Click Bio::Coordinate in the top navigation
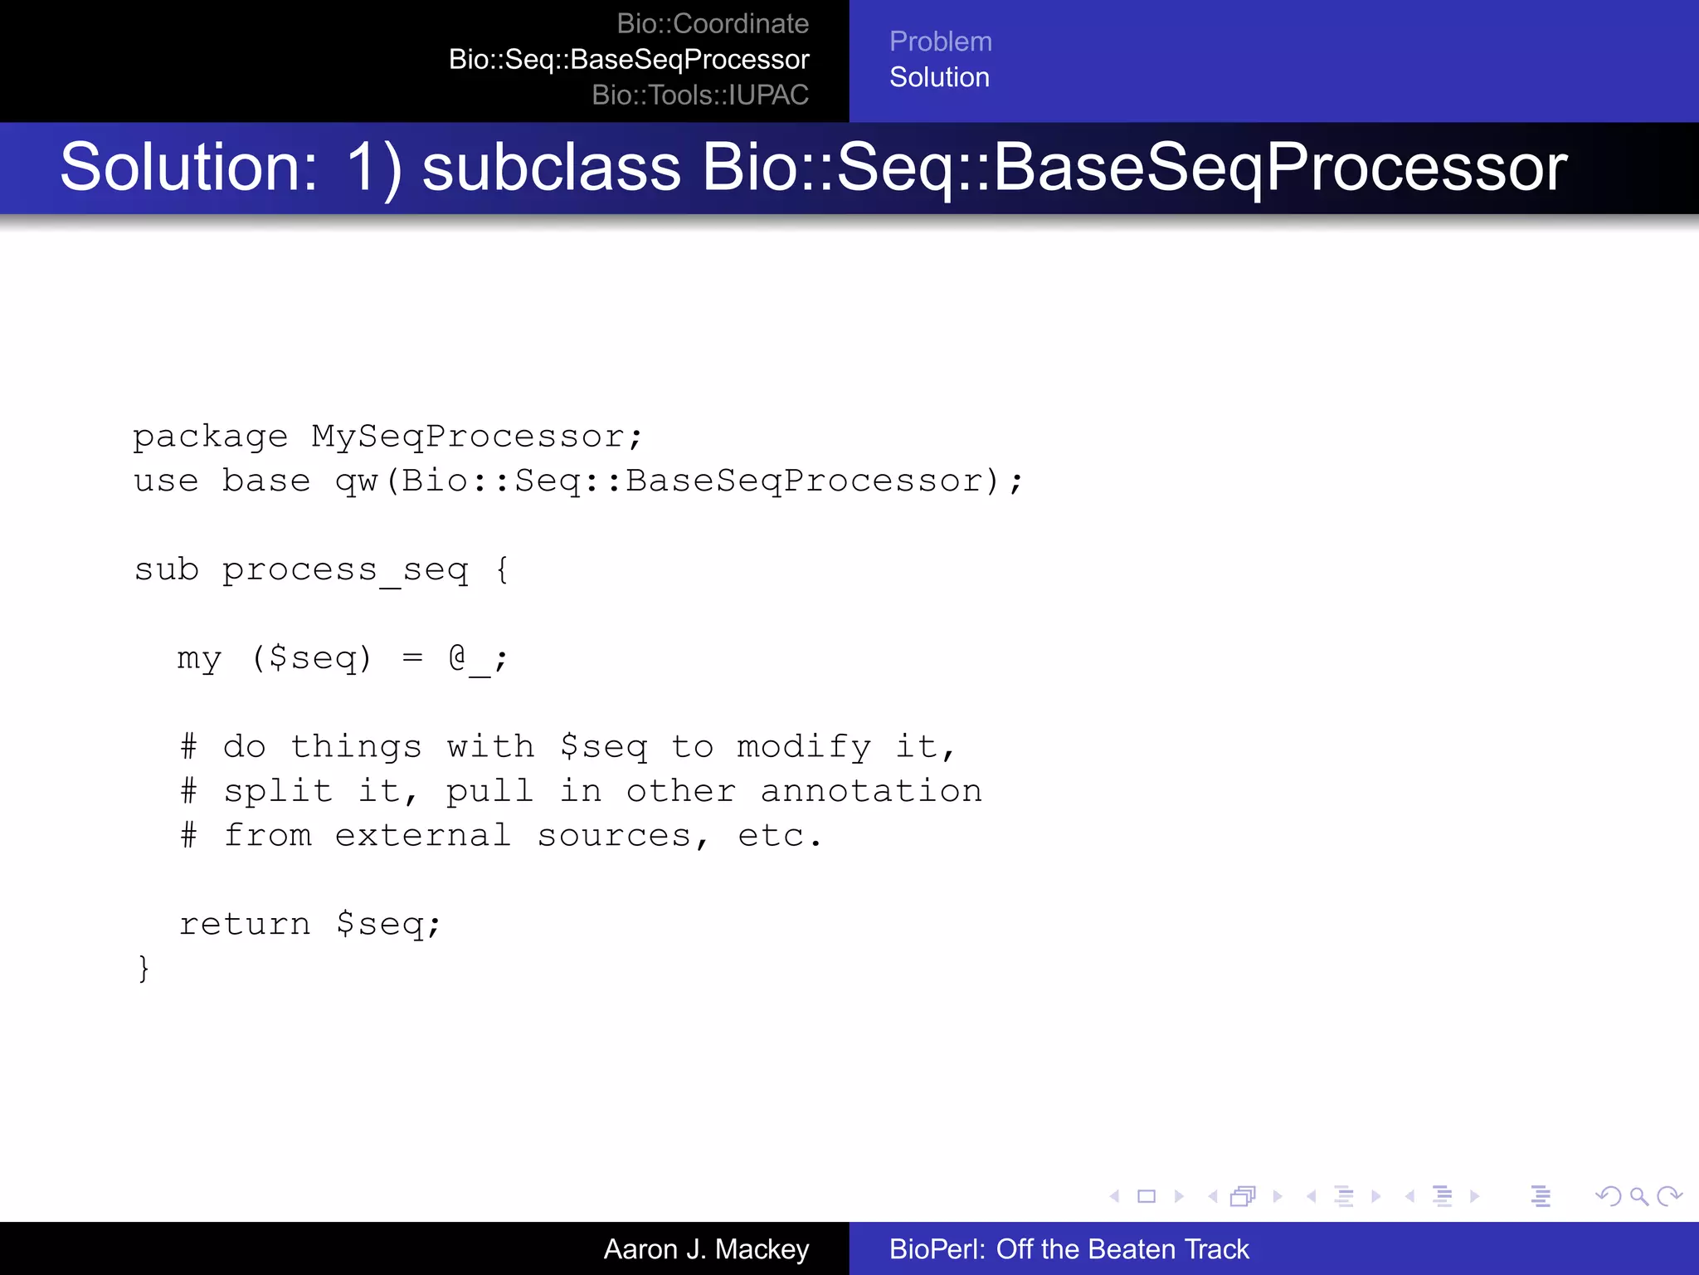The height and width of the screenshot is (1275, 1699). coord(713,24)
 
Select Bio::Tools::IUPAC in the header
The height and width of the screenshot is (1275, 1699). coord(700,95)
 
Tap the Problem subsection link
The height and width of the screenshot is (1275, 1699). coord(940,42)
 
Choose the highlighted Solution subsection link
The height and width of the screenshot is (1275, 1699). coord(939,77)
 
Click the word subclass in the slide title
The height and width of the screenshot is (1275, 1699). coord(552,168)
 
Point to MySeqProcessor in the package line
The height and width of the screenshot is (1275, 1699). coord(469,437)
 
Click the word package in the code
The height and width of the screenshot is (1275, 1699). coord(211,437)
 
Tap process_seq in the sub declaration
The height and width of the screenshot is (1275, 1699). coord(345,570)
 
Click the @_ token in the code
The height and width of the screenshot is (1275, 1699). coord(469,659)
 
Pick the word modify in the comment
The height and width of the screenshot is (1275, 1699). coord(804,747)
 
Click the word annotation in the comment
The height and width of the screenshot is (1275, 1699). coord(871,791)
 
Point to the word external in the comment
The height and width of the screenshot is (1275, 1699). coord(422,836)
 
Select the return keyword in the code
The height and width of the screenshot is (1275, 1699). coord(245,924)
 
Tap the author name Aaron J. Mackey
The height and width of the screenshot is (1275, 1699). coord(706,1249)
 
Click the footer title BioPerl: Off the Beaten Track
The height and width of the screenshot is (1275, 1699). coord(1069,1249)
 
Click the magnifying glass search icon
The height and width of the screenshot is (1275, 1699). coord(1638,1196)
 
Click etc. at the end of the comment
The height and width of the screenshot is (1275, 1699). coord(780,836)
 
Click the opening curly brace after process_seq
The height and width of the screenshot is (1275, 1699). coord(502,570)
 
